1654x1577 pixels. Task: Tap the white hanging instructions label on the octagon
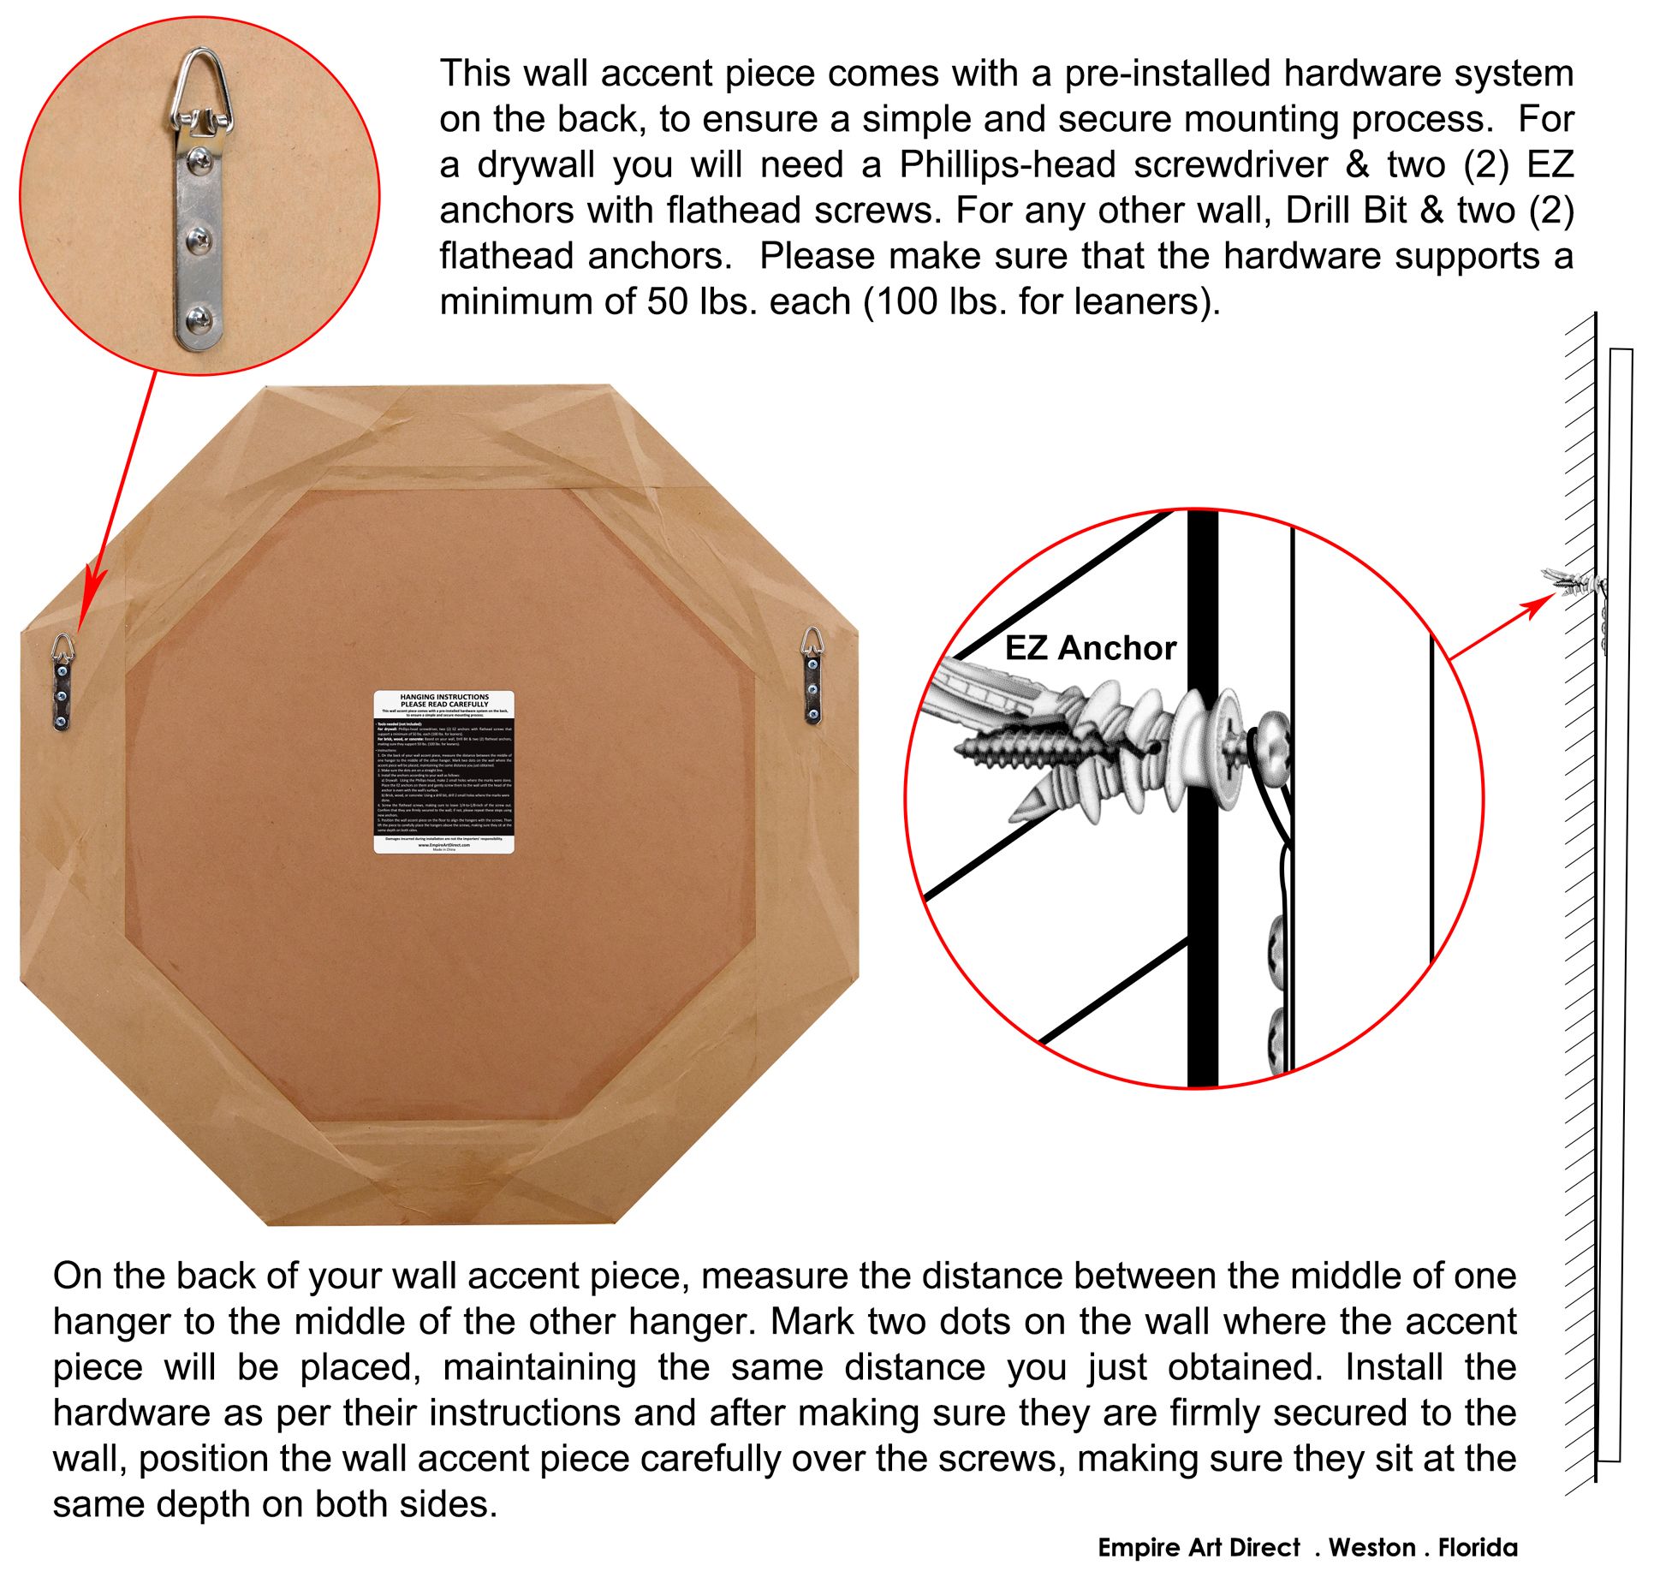pos(444,771)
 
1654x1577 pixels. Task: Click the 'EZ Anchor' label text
pos(1090,648)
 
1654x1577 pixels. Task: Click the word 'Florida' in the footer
pos(1478,1547)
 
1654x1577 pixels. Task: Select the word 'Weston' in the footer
pos(1371,1547)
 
